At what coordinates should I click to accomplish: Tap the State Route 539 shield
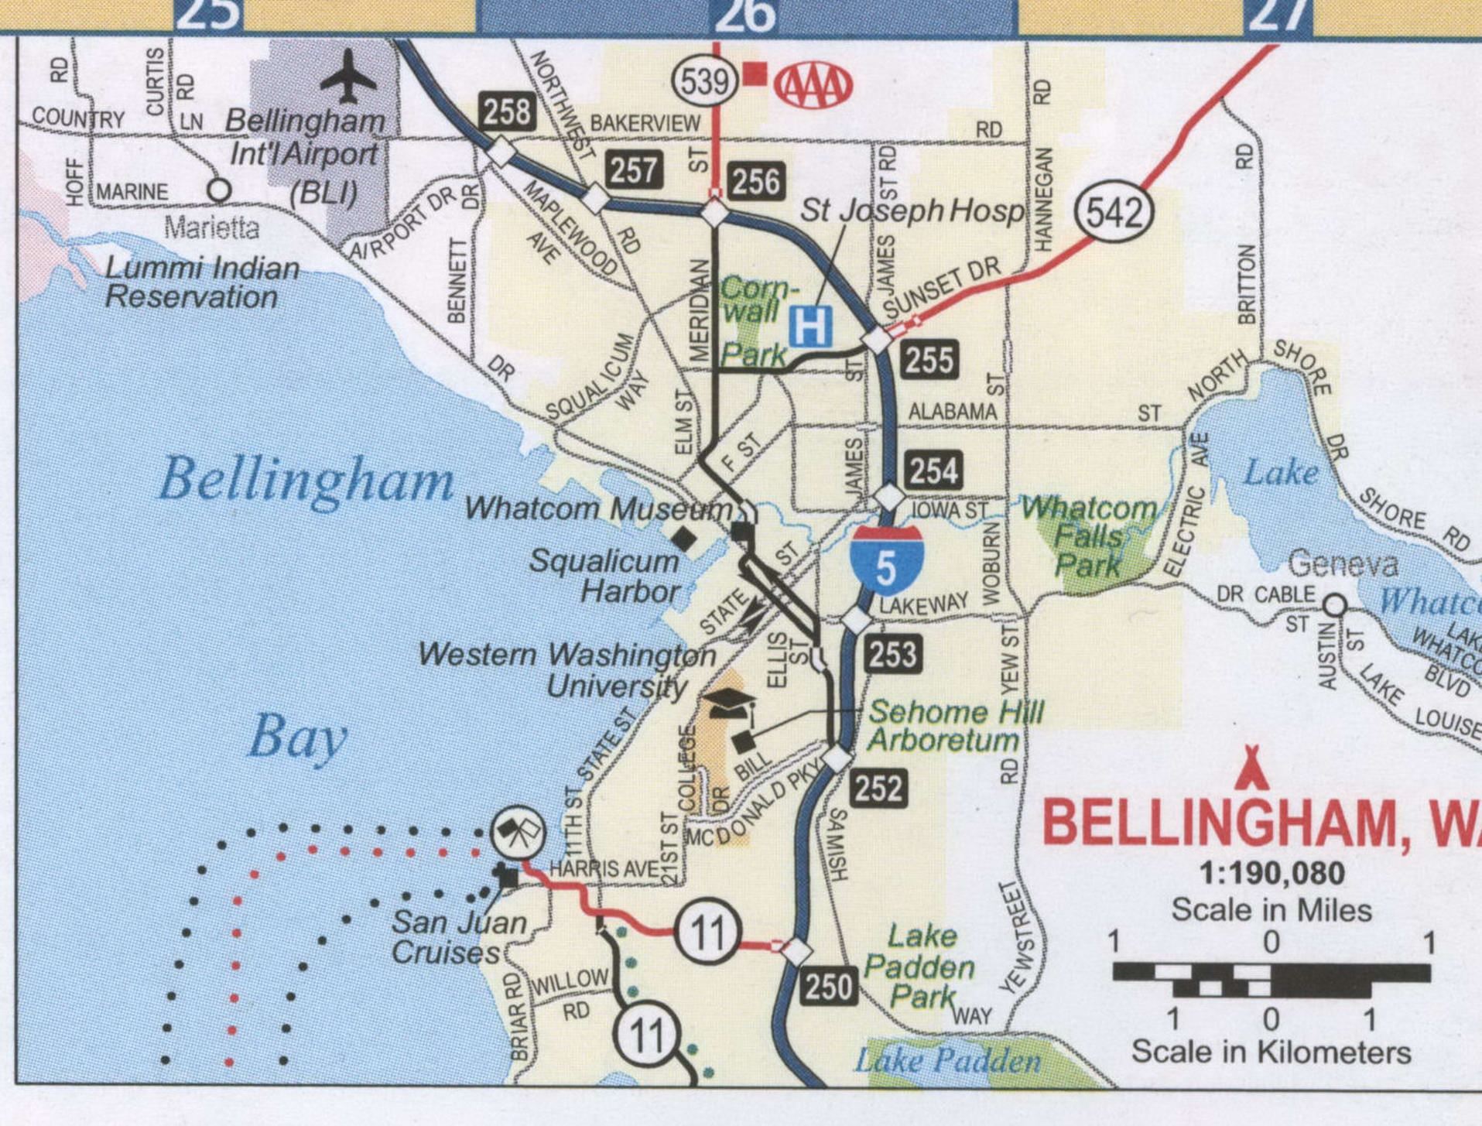coord(704,80)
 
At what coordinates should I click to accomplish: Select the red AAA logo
coord(813,85)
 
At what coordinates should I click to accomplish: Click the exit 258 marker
coord(507,111)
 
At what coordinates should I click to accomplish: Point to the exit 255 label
coord(929,361)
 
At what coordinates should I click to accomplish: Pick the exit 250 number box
coord(829,987)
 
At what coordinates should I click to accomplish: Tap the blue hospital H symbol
coord(810,327)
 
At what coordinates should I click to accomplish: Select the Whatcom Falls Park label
coord(1089,536)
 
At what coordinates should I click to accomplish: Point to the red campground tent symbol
coord(1251,767)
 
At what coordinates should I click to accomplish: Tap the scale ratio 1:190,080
coord(1272,874)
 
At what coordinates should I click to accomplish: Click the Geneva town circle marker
coord(1335,604)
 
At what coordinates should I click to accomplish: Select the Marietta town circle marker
coord(219,190)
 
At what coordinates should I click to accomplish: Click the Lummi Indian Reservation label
coord(201,282)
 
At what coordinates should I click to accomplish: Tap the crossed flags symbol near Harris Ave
coord(519,833)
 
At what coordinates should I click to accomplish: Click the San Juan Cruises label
coord(457,937)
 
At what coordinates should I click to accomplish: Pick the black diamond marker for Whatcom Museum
coord(683,539)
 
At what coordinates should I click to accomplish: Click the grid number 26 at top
coord(744,15)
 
